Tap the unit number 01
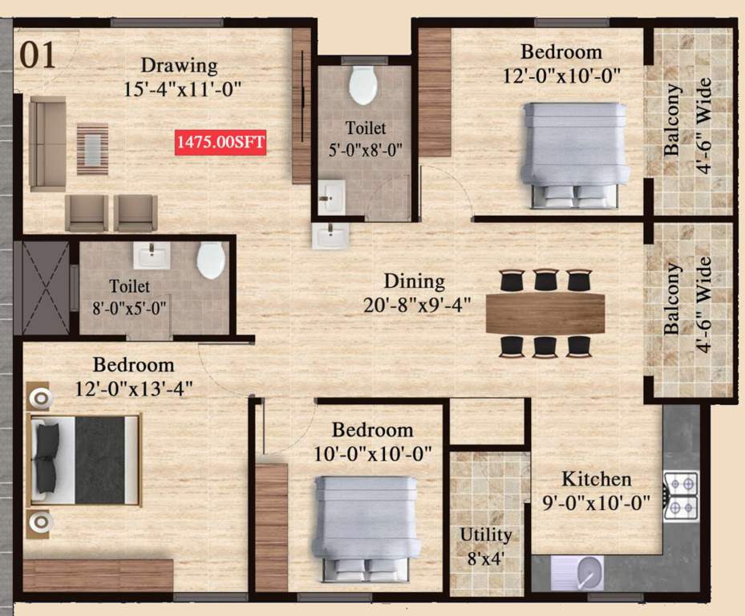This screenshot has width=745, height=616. pos(38,56)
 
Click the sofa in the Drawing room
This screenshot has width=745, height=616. pos(47,143)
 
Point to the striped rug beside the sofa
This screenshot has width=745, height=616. pos(92,148)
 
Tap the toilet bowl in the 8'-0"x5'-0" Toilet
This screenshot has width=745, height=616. pos(211,261)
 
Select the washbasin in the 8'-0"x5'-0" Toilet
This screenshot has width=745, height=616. pos(152,256)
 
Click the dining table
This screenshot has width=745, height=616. pos(545,312)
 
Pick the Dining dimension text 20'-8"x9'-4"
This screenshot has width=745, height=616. pos(414,304)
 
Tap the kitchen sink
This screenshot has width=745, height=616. pos(589,573)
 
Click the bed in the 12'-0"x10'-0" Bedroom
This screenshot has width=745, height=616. pos(573,152)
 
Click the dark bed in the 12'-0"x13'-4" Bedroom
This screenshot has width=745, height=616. pos(84,460)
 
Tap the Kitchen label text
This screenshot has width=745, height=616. pos(596,479)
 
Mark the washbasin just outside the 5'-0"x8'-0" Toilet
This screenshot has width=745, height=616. pos(330,237)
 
